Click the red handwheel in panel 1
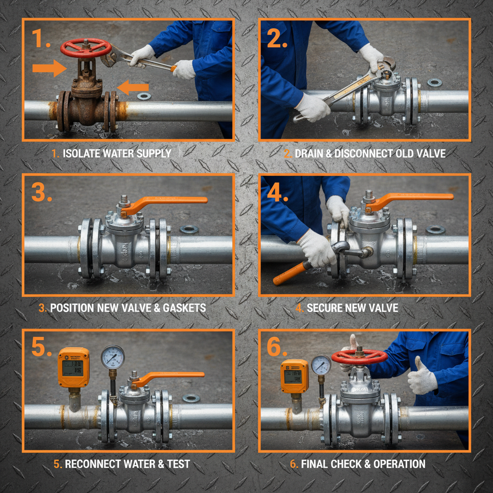coord(86,47)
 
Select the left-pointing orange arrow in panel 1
coord(134,87)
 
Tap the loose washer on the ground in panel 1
coord(143,96)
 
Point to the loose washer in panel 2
coord(434,82)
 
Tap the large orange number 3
coord(42,193)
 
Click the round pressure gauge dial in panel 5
coord(113,357)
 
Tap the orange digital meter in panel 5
coord(73,367)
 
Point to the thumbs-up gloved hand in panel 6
coord(421,377)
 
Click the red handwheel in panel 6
coord(359,357)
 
